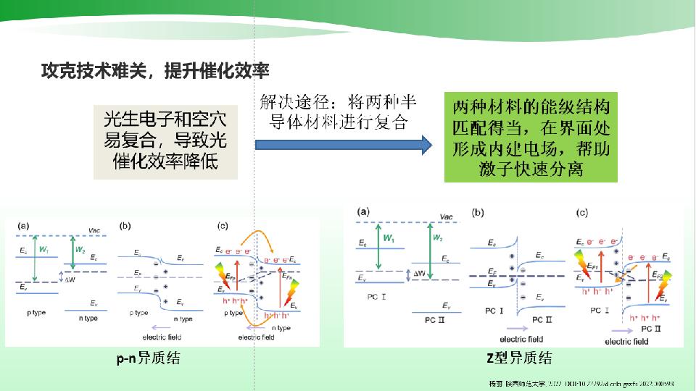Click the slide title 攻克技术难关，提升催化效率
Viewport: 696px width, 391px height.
(155, 71)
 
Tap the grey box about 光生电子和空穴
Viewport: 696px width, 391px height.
(166, 141)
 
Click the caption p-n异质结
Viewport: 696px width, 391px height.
(149, 357)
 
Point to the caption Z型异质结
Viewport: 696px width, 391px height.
(519, 357)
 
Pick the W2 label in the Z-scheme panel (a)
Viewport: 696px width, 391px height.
(437, 237)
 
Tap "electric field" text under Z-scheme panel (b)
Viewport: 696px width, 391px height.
(521, 339)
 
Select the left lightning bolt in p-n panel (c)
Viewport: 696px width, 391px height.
(221, 276)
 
